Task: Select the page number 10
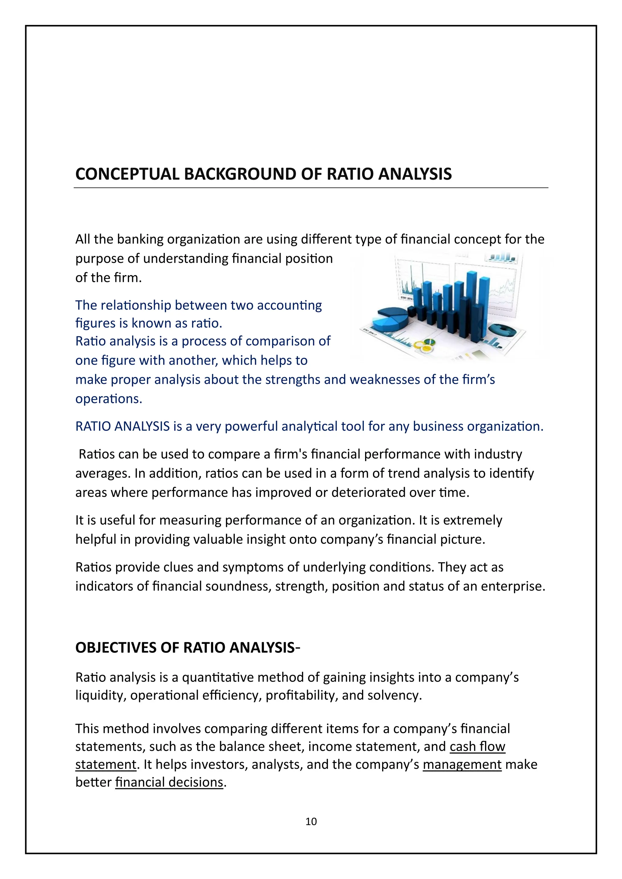[x=311, y=822]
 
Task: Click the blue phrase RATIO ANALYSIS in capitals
[x=123, y=426]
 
